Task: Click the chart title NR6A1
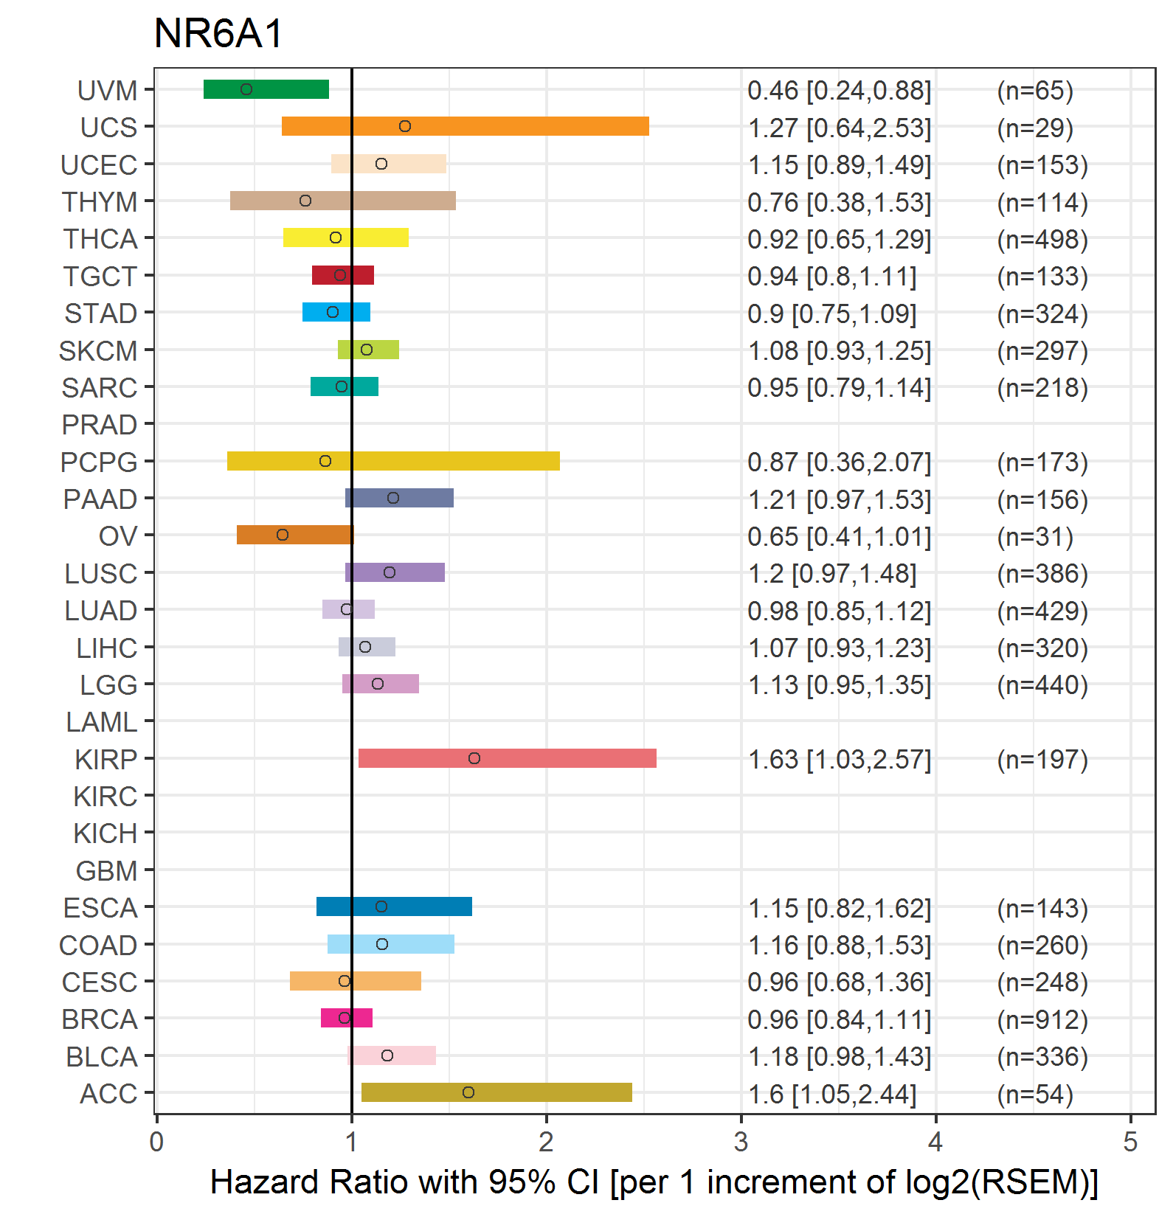point(218,33)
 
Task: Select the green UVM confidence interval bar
point(266,89)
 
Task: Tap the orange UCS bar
point(466,126)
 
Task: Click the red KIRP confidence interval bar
point(508,758)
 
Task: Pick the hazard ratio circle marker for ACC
point(468,1092)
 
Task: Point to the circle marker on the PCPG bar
point(325,461)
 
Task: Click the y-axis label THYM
point(100,201)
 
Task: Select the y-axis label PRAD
point(100,425)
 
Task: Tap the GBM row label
point(107,871)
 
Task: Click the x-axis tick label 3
point(741,1143)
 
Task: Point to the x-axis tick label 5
point(1130,1143)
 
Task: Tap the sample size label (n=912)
point(1042,1019)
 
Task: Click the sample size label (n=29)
point(1035,128)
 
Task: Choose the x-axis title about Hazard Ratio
point(654,1182)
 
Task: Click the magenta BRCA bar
point(347,1018)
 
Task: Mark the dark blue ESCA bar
point(394,906)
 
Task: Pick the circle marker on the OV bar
point(283,535)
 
